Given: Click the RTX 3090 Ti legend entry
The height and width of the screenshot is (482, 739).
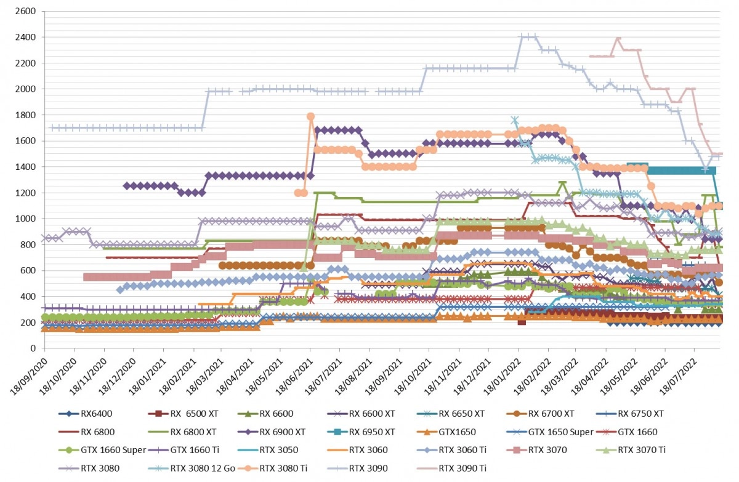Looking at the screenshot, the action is pyautogui.click(x=451, y=468).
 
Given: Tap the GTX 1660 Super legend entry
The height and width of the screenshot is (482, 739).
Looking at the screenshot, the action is pyautogui.click(x=102, y=450).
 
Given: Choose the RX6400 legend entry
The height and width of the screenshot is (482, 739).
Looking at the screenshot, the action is pyautogui.click(x=85, y=414).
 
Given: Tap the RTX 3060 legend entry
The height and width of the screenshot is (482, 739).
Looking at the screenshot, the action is pyautogui.click(x=357, y=450).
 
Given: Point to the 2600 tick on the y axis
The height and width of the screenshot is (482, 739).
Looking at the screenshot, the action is pyautogui.click(x=25, y=11).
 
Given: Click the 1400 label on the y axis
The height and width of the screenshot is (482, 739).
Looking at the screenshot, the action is pyautogui.click(x=25, y=167).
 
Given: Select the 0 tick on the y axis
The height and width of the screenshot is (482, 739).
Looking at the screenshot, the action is pyautogui.click(x=33, y=348).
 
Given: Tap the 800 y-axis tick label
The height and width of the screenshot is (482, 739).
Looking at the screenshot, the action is pyautogui.click(x=28, y=244).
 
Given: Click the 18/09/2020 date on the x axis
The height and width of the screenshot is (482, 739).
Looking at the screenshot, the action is pyautogui.click(x=29, y=377).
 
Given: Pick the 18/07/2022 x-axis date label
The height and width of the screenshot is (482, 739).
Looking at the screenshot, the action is pyautogui.click(x=678, y=377).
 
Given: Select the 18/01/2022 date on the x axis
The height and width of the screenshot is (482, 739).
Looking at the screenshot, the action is pyautogui.click(x=502, y=377).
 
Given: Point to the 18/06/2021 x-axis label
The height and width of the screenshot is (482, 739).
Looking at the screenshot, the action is pyautogui.click(x=294, y=377).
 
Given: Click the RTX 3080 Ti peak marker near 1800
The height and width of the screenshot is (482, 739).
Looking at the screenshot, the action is pyautogui.click(x=310, y=116).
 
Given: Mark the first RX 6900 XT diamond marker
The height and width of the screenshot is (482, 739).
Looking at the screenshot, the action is pyautogui.click(x=126, y=186).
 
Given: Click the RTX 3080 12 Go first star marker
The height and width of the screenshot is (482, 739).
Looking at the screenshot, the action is pyautogui.click(x=515, y=119).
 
